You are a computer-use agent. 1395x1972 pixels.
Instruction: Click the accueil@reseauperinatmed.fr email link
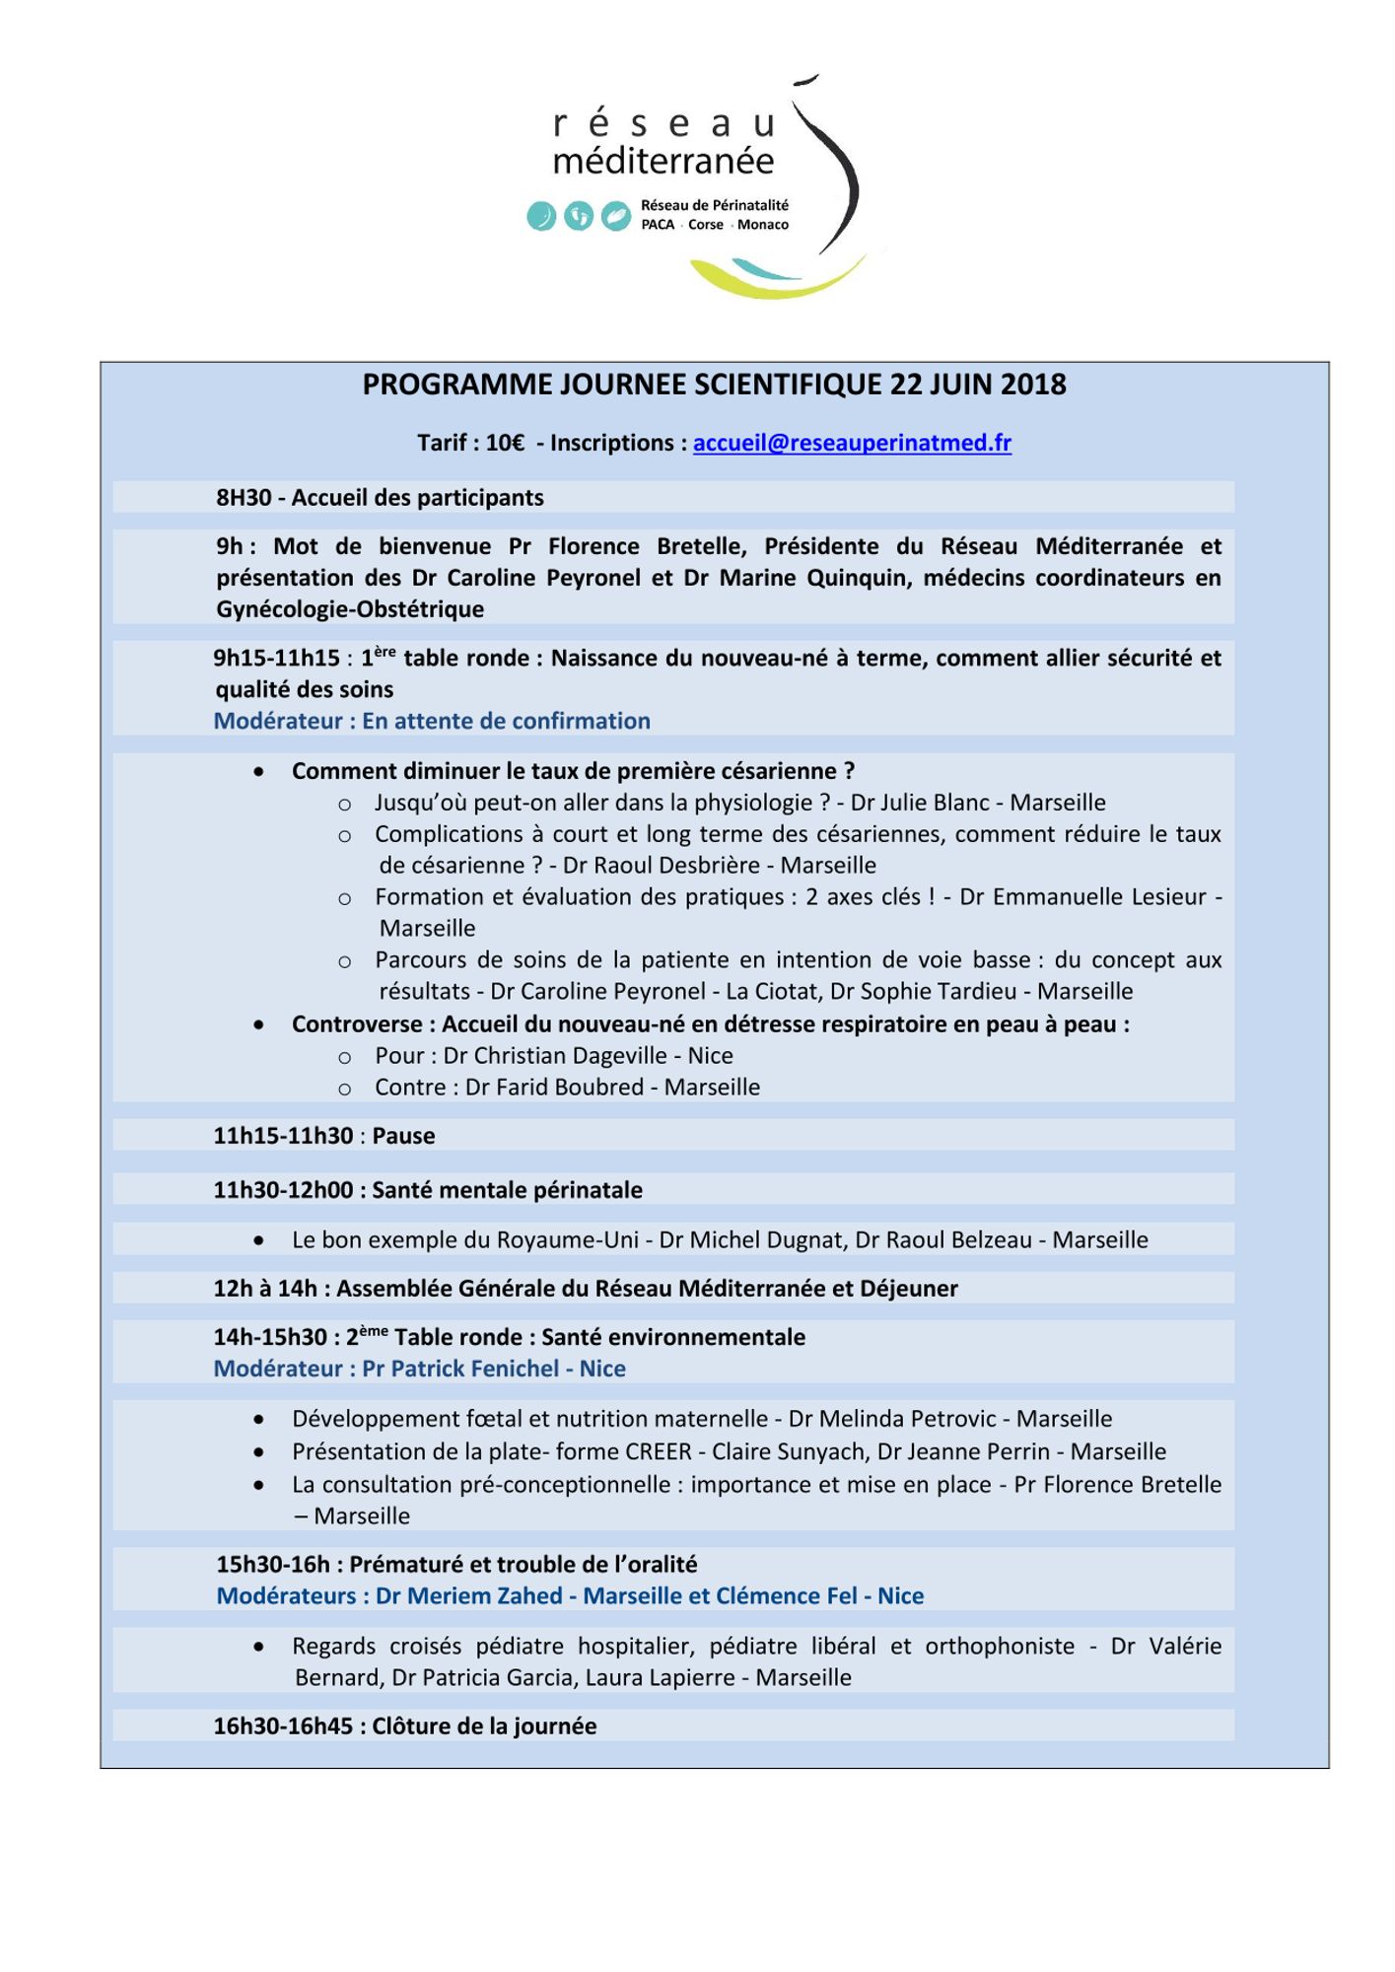click(852, 444)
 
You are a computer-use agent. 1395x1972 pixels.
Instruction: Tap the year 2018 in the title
click(1033, 385)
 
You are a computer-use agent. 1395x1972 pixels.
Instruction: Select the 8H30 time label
click(244, 498)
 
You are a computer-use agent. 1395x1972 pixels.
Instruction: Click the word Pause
click(403, 1136)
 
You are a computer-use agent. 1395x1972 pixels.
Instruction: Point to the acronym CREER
click(659, 1451)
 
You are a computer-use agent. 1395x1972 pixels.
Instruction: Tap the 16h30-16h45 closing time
click(283, 1726)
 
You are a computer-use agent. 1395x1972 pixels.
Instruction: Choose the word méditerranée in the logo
click(663, 161)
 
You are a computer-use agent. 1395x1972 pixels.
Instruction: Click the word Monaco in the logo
click(763, 225)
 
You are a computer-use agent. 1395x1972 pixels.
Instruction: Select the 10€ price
click(505, 444)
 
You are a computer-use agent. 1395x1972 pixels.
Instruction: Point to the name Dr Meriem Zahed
click(468, 1596)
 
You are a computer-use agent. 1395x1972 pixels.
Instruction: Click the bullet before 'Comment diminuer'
click(258, 772)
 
